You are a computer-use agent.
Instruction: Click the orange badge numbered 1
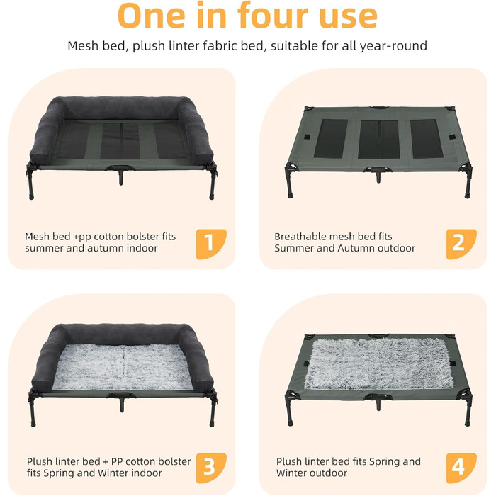click(x=211, y=244)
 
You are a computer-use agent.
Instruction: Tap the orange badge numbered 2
click(x=461, y=244)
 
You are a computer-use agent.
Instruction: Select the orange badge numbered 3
click(x=211, y=468)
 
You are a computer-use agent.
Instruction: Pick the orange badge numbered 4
click(x=461, y=468)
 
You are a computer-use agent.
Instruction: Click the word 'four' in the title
click(x=273, y=15)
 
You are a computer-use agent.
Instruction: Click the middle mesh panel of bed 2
click(x=379, y=139)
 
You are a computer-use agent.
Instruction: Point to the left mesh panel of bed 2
click(x=331, y=139)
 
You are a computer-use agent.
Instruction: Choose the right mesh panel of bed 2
click(x=427, y=139)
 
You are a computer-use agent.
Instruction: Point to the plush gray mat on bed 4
click(x=379, y=363)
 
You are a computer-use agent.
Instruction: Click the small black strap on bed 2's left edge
click(x=306, y=137)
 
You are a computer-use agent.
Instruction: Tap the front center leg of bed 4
click(x=378, y=404)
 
